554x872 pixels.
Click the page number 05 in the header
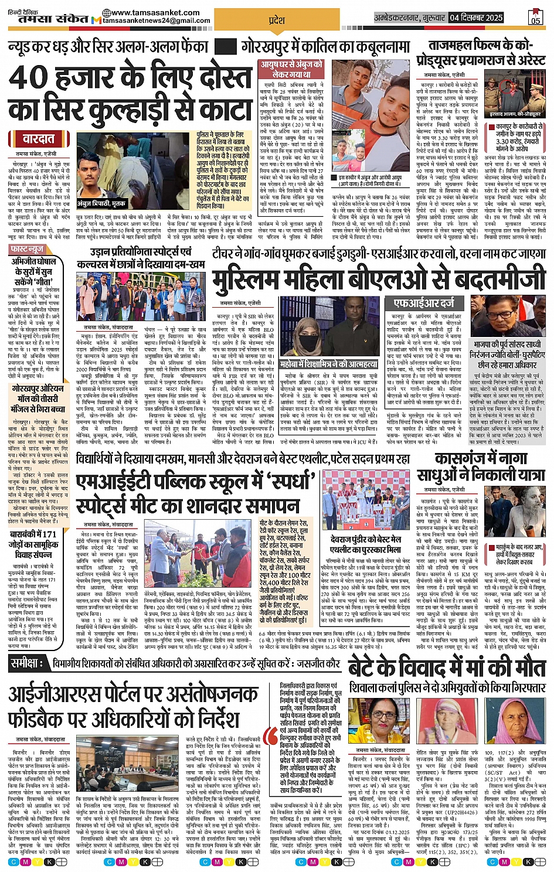pos(535,19)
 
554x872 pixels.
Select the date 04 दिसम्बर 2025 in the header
pos(476,18)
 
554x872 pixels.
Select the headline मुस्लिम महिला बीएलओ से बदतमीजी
pos(379,280)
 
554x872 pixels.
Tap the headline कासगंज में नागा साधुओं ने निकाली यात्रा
pos(488,467)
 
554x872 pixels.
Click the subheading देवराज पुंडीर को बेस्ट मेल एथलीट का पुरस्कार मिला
pos(366,544)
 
